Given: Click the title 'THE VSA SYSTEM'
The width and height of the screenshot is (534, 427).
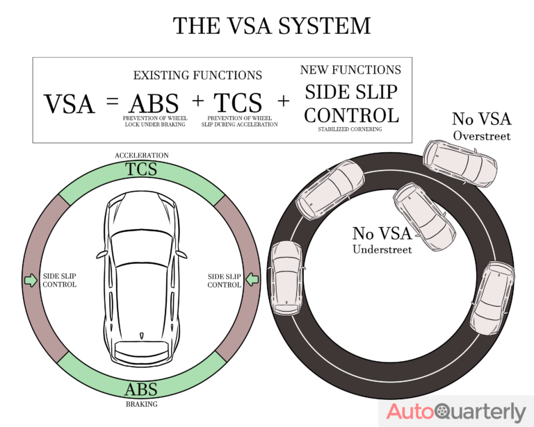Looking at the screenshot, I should tap(271, 26).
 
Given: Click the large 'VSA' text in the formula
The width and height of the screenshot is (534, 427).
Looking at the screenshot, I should tap(70, 104).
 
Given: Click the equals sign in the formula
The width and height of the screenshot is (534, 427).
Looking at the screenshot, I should tap(113, 102).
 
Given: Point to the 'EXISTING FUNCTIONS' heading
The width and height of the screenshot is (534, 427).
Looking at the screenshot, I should tap(197, 75).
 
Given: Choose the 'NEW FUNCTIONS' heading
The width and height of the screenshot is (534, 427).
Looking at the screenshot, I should tap(350, 70).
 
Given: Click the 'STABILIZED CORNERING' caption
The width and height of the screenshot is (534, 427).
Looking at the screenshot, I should tap(351, 129).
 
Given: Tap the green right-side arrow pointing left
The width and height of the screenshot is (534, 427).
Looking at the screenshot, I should tap(252, 280).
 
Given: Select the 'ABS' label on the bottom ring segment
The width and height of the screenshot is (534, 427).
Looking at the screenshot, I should tap(141, 389).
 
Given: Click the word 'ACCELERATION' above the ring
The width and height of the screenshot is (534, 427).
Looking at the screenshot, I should tap(142, 156).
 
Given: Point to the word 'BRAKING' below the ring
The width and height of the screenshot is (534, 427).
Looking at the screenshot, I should tap(141, 404).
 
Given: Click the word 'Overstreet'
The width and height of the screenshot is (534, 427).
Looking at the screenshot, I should tap(481, 136).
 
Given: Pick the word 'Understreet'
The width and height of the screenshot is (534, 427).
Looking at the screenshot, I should tap(382, 249).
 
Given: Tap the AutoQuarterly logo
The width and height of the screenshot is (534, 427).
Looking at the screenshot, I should tap(456, 411).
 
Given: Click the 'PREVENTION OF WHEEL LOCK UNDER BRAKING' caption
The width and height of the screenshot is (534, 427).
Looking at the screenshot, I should tap(154, 122).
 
